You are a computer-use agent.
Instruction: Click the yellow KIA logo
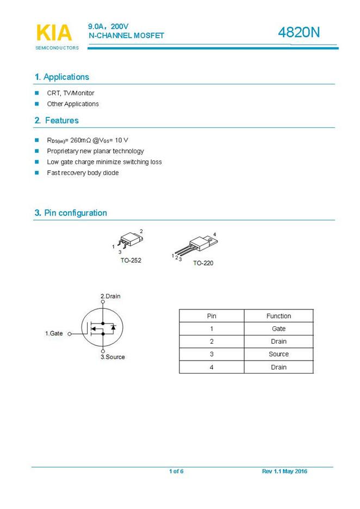pos(54,33)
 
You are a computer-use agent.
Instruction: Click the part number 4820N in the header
pos(299,33)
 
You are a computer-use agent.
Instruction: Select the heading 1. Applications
pos(61,77)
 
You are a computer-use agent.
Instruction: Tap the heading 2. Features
pos(57,121)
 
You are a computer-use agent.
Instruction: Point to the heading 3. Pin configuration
pos(71,213)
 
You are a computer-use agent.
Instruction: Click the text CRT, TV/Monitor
pos(70,93)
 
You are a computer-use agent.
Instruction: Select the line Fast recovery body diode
pos(83,173)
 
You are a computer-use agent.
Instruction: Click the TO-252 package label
pos(131,260)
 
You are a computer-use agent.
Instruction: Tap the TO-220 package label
pos(203,263)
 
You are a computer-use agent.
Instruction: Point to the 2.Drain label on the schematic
pos(110,296)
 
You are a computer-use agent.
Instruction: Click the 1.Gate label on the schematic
pos(54,333)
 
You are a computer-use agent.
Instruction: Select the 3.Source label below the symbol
pos(112,357)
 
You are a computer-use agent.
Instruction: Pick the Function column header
pos(278,316)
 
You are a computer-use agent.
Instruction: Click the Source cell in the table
pos(278,354)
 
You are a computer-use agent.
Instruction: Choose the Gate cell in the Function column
pos(278,329)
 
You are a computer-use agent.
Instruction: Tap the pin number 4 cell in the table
pos(212,367)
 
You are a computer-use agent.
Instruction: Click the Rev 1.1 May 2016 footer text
pos(284,471)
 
